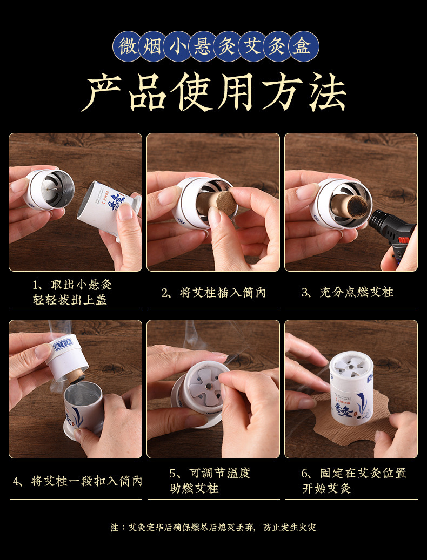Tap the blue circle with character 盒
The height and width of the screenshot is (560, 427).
303,46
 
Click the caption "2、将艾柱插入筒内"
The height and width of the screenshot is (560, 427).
213,293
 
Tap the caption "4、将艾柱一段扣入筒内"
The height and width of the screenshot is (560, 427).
77,481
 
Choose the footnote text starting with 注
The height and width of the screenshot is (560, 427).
213,527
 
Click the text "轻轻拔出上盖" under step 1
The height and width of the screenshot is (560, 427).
70,300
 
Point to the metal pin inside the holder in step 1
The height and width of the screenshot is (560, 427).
51,190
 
